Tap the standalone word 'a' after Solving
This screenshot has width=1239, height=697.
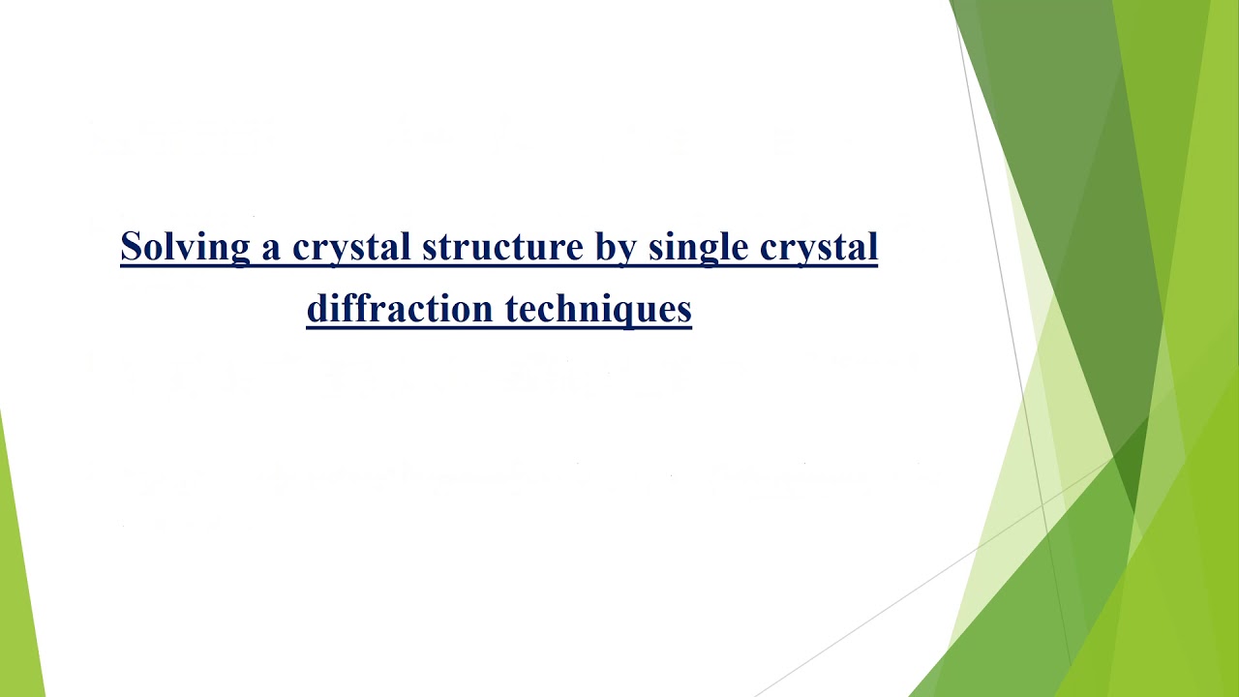point(270,249)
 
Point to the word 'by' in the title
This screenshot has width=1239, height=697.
point(614,247)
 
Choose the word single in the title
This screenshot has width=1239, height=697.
point(698,247)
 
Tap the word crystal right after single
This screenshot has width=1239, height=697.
point(819,247)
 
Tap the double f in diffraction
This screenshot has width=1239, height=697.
point(342,308)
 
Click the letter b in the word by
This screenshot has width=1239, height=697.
point(603,246)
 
